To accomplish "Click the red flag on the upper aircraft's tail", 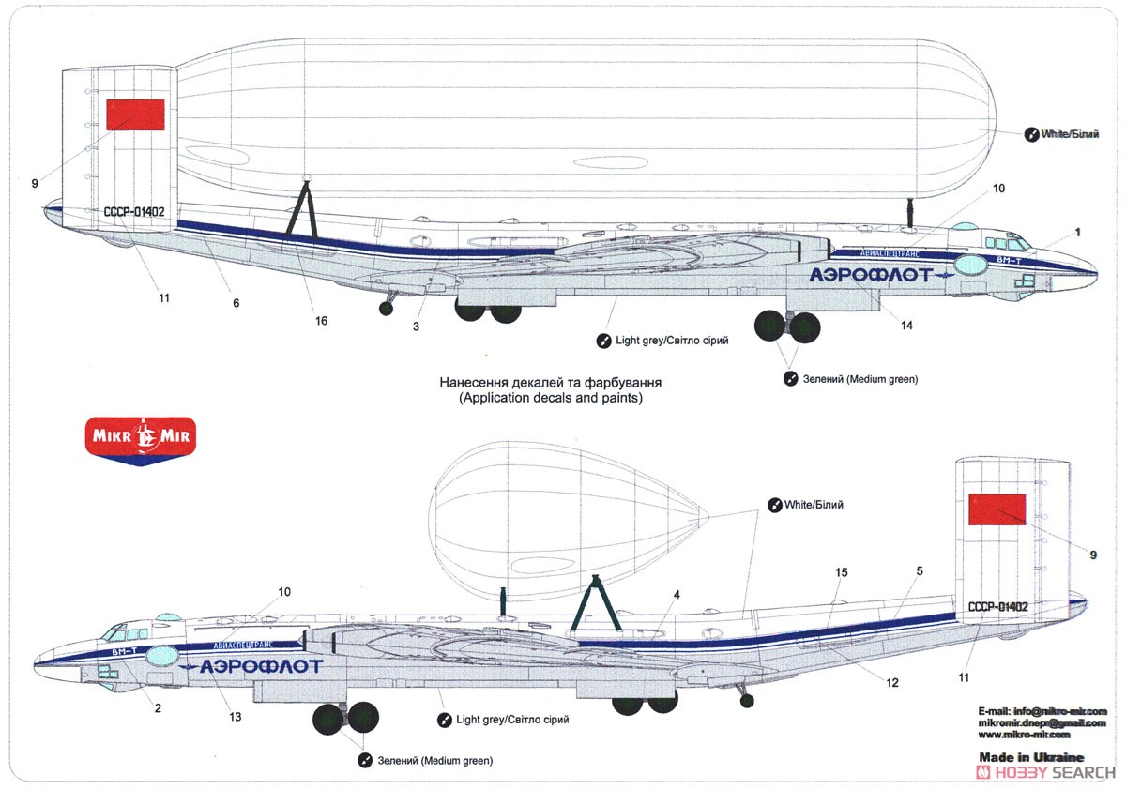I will coord(136,114).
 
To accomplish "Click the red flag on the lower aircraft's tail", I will coord(997,509).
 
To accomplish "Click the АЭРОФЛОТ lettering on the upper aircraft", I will coord(871,275).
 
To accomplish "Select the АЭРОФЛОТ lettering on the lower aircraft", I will coord(261,666).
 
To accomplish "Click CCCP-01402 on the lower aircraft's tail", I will coord(997,607).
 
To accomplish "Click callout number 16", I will coord(321,321).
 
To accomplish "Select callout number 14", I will coord(906,326).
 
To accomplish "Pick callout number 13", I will coord(235,718).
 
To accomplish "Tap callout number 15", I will coord(841,571).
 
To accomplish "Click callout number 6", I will coord(236,303).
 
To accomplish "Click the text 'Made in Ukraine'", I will coord(1030,757).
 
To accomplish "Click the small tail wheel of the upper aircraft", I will coord(386,308).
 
